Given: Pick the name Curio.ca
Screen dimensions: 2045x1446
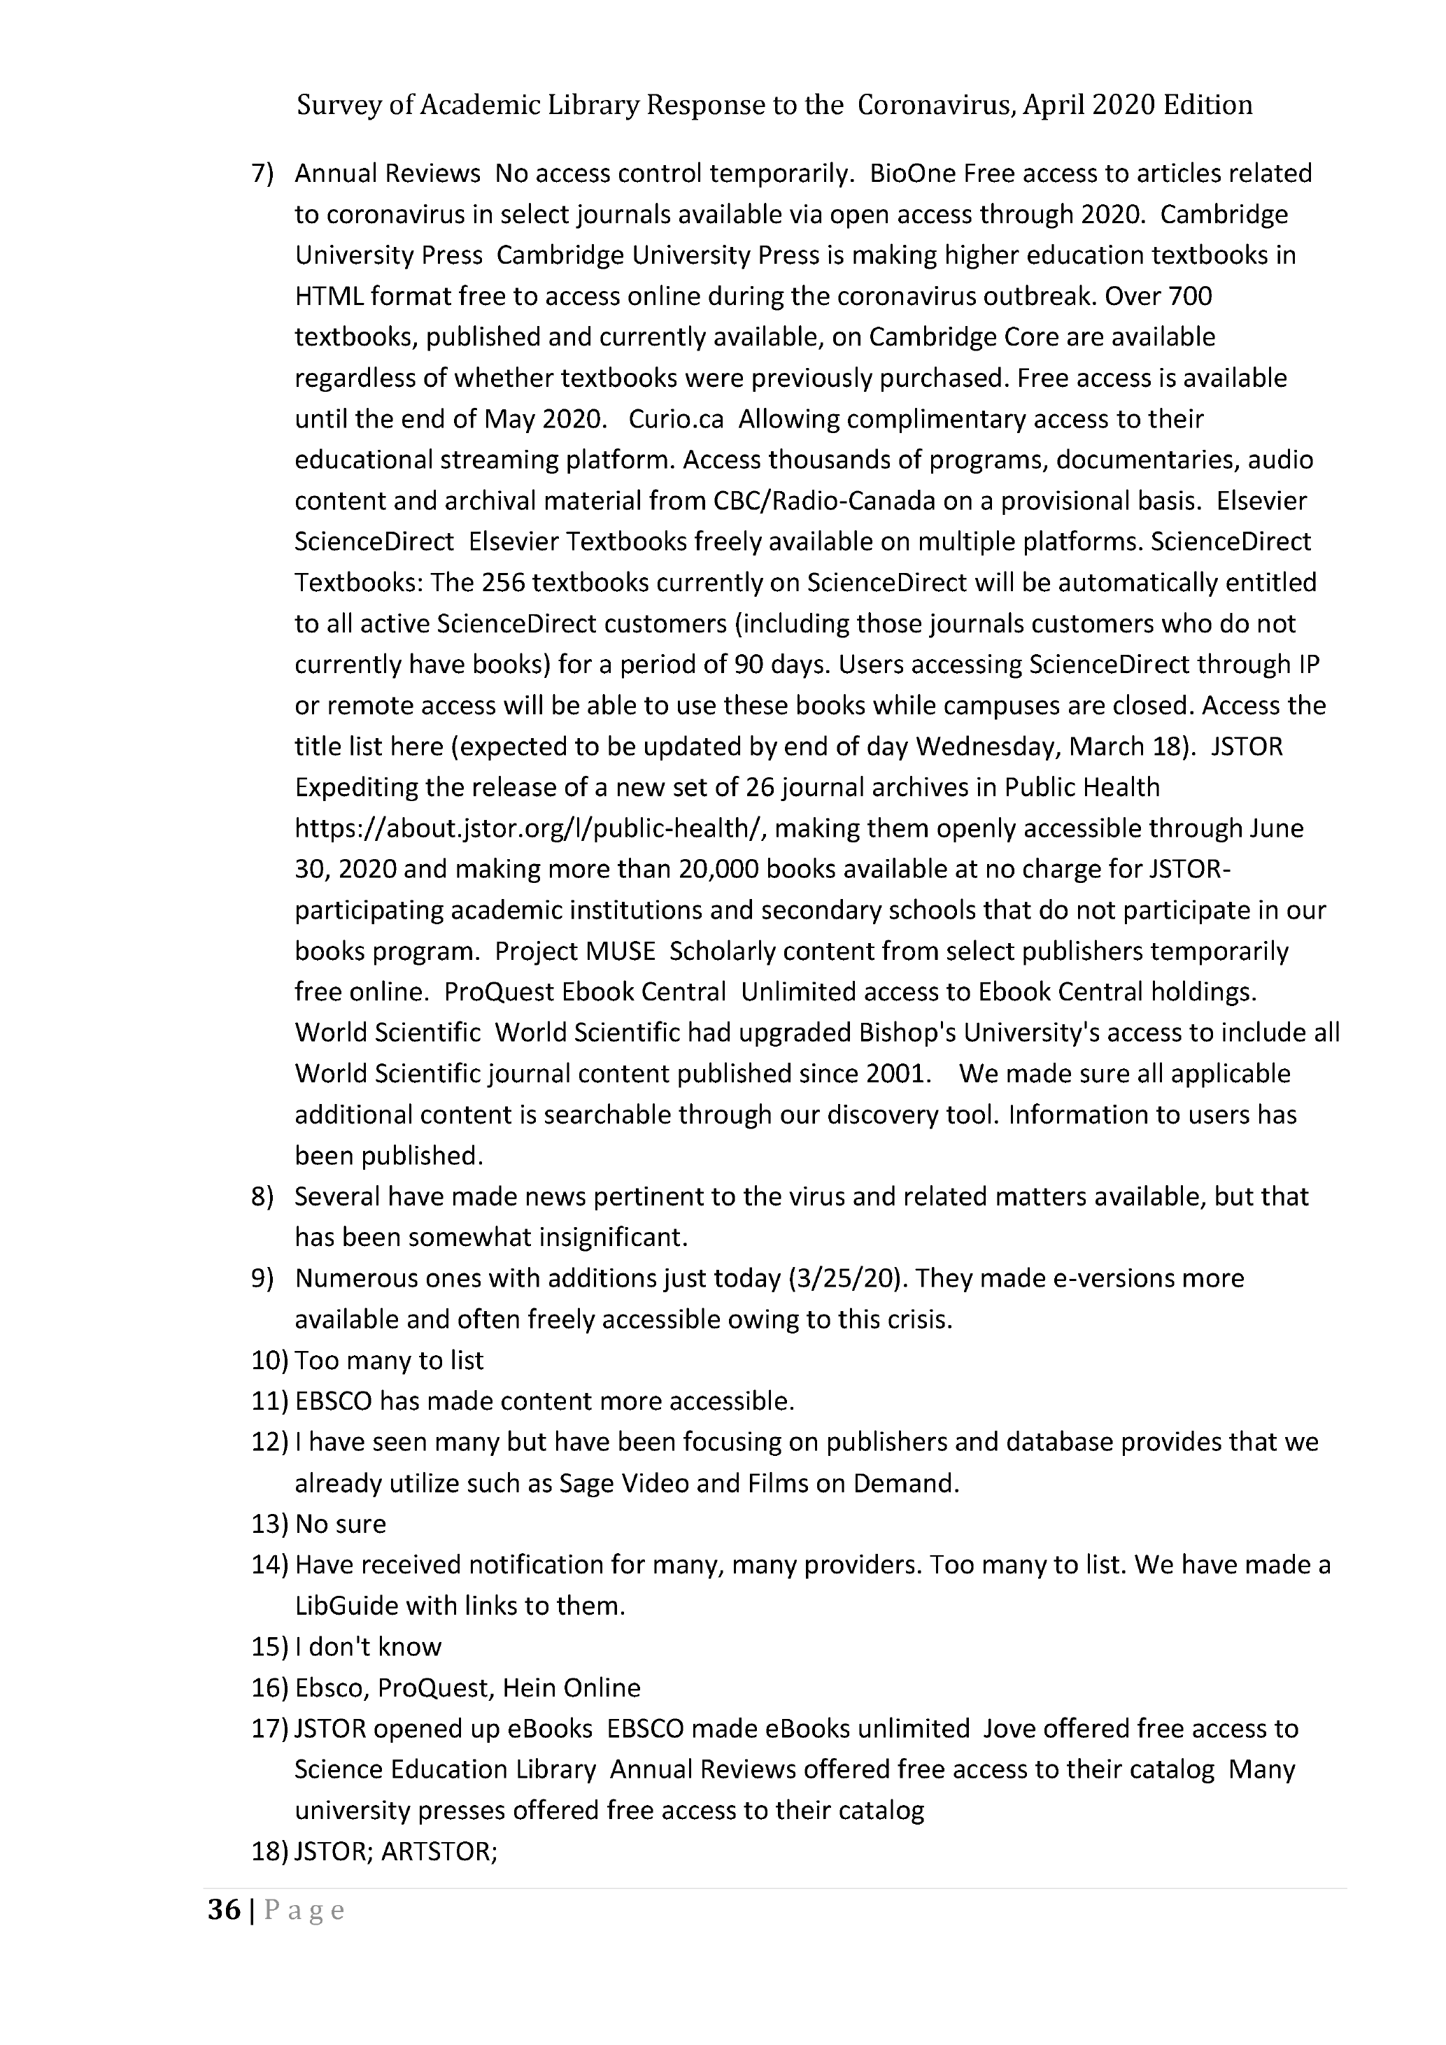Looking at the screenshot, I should [x=676, y=420].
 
